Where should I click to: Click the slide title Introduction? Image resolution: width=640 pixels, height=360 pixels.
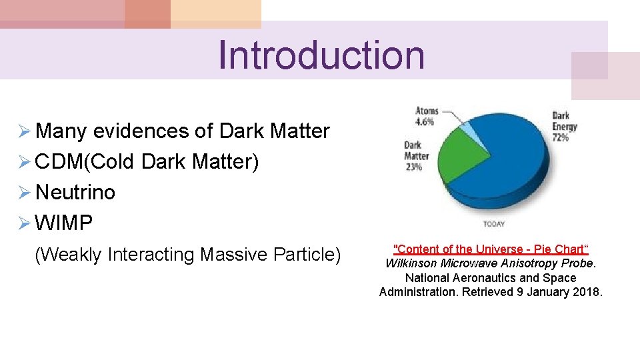321,55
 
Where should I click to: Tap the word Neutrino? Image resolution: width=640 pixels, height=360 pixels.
75,193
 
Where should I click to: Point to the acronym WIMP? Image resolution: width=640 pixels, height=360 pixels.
64,223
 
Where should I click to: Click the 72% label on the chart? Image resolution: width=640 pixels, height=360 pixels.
560,137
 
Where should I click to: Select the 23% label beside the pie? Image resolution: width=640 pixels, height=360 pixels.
413,167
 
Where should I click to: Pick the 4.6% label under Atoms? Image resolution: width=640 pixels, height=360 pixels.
425,122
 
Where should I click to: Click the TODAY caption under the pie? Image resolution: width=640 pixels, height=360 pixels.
493,223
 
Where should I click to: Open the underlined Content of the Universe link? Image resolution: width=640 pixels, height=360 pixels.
491,249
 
